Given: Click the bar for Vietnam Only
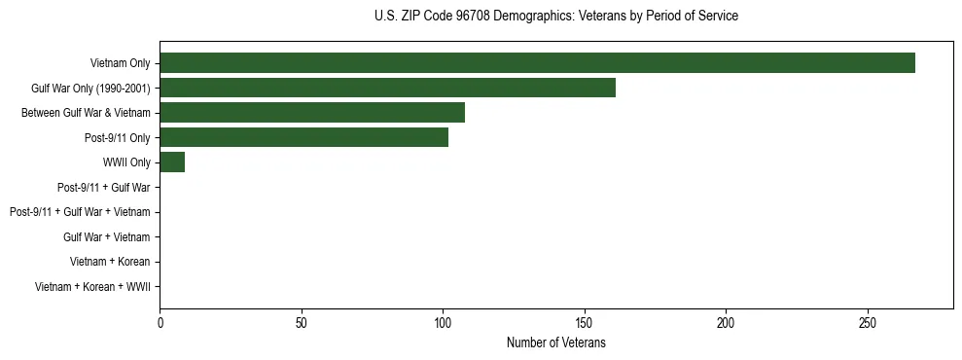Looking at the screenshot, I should pos(537,63).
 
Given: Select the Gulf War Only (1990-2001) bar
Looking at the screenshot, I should pos(387,88).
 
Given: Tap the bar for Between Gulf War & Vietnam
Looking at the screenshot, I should pos(312,113).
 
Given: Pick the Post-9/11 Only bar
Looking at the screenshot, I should pos(303,137).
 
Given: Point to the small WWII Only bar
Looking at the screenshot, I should pos(172,162).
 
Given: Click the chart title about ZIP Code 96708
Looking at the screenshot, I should pos(555,17).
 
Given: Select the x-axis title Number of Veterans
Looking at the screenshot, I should pos(555,343).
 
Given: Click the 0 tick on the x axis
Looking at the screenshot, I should pos(160,324).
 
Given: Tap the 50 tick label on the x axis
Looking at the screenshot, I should pos(302,324).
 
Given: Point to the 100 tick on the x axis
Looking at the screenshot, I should pos(443,324).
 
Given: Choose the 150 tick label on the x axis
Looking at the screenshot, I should pos(585,324).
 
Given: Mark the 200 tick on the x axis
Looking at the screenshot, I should pos(726,324).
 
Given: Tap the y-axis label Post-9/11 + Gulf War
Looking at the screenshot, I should pos(104,187).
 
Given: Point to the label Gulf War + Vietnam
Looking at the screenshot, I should pos(107,237).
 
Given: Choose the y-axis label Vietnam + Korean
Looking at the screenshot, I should pos(110,262).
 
